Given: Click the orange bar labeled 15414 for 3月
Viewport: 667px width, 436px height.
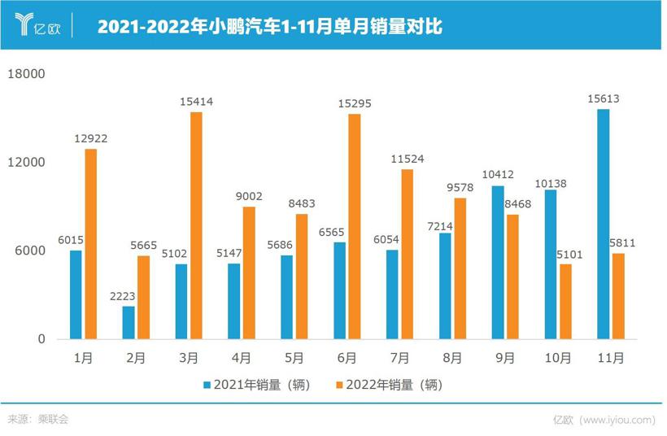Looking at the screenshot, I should tap(196, 225).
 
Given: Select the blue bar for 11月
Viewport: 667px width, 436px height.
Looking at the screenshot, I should tap(603, 224).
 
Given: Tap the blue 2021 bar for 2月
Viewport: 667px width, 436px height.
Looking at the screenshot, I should tap(129, 322).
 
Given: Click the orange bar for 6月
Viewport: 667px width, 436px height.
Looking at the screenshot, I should tap(354, 226).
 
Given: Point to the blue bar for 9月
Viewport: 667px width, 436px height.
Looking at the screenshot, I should tap(498, 262).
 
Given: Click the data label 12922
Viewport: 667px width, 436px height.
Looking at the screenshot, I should tap(90, 139).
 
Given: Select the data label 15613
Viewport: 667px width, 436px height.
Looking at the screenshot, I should tap(603, 99).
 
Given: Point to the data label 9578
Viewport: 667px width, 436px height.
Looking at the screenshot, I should tap(460, 188).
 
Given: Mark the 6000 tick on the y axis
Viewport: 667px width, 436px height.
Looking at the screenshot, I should tap(28, 251).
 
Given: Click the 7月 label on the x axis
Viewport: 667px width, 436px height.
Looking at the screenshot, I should tap(400, 357).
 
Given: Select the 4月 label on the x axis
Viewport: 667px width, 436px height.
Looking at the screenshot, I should tap(242, 357).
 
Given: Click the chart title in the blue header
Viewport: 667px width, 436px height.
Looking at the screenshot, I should tap(269, 27).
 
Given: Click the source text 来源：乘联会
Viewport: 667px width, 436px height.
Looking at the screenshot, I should tap(38, 420).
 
